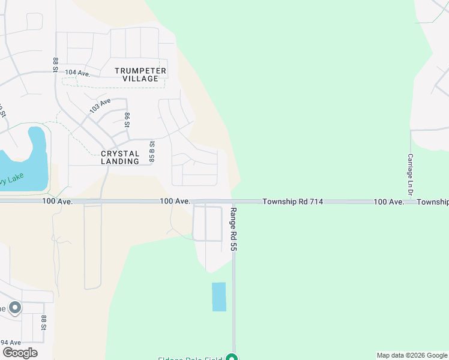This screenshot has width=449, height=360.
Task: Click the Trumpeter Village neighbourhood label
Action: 140,74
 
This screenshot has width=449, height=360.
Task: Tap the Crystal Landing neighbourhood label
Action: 120,157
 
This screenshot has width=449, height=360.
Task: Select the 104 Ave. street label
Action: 77,73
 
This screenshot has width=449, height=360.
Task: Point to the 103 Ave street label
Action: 100,106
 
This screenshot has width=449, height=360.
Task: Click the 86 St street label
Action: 127,119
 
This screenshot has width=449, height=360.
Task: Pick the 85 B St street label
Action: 152,151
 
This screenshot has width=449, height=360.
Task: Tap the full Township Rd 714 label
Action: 293,202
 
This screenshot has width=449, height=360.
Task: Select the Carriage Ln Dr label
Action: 411,173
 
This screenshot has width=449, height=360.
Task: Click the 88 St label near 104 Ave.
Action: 55,65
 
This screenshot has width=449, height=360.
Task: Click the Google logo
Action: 20,352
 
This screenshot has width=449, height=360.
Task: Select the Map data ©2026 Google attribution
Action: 412,355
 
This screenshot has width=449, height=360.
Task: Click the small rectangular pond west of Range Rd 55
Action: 219,296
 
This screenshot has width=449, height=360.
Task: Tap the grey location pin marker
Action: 15,308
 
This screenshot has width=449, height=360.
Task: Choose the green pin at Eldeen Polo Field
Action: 232,358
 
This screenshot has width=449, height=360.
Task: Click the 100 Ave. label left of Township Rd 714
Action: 175,202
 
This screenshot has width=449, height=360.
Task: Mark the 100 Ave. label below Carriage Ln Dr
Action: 388,202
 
